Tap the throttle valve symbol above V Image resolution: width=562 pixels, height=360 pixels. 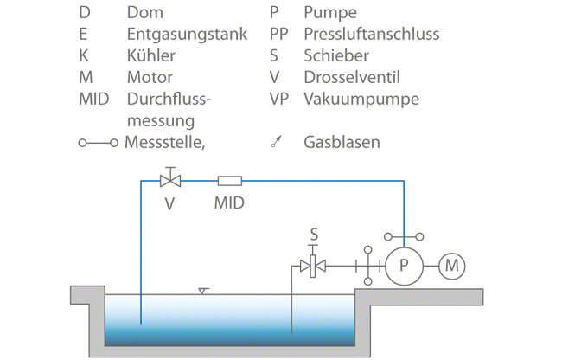click(x=170, y=181)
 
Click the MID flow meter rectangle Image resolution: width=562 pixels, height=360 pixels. click(x=230, y=181)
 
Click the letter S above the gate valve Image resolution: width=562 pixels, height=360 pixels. click(x=314, y=235)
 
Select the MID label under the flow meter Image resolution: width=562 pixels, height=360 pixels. click(x=229, y=204)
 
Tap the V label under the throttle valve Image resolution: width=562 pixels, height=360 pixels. click(x=170, y=204)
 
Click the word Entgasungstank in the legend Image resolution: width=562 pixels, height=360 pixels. click(x=187, y=35)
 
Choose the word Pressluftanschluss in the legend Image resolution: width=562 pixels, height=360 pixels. click(x=371, y=35)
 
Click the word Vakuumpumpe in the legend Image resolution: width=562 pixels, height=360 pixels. click(x=361, y=99)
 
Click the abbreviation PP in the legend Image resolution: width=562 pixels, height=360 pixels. click(x=278, y=35)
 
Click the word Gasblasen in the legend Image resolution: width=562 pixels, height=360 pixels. click(x=342, y=142)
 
